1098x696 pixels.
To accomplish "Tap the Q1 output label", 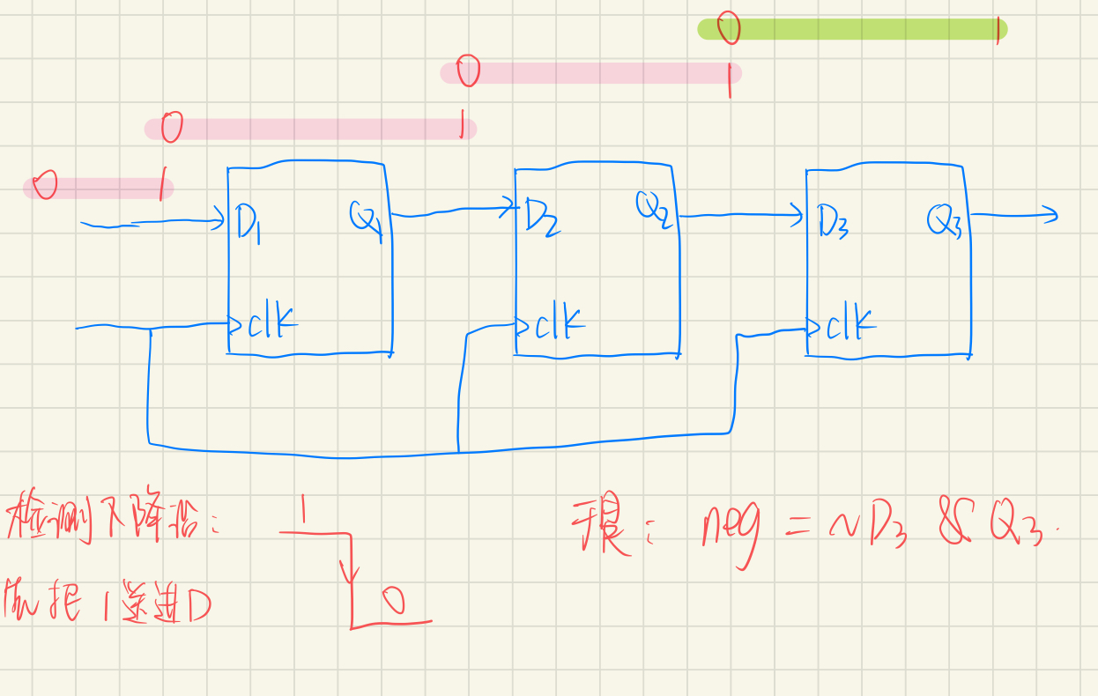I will (x=365, y=218).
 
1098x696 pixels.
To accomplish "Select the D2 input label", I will (x=541, y=216).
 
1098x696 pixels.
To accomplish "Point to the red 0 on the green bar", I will (x=728, y=28).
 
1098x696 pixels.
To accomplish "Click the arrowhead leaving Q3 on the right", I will (x=1050, y=213).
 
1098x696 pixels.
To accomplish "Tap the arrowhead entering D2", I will (x=510, y=208).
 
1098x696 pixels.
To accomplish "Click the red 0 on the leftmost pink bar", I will (x=44, y=186).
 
